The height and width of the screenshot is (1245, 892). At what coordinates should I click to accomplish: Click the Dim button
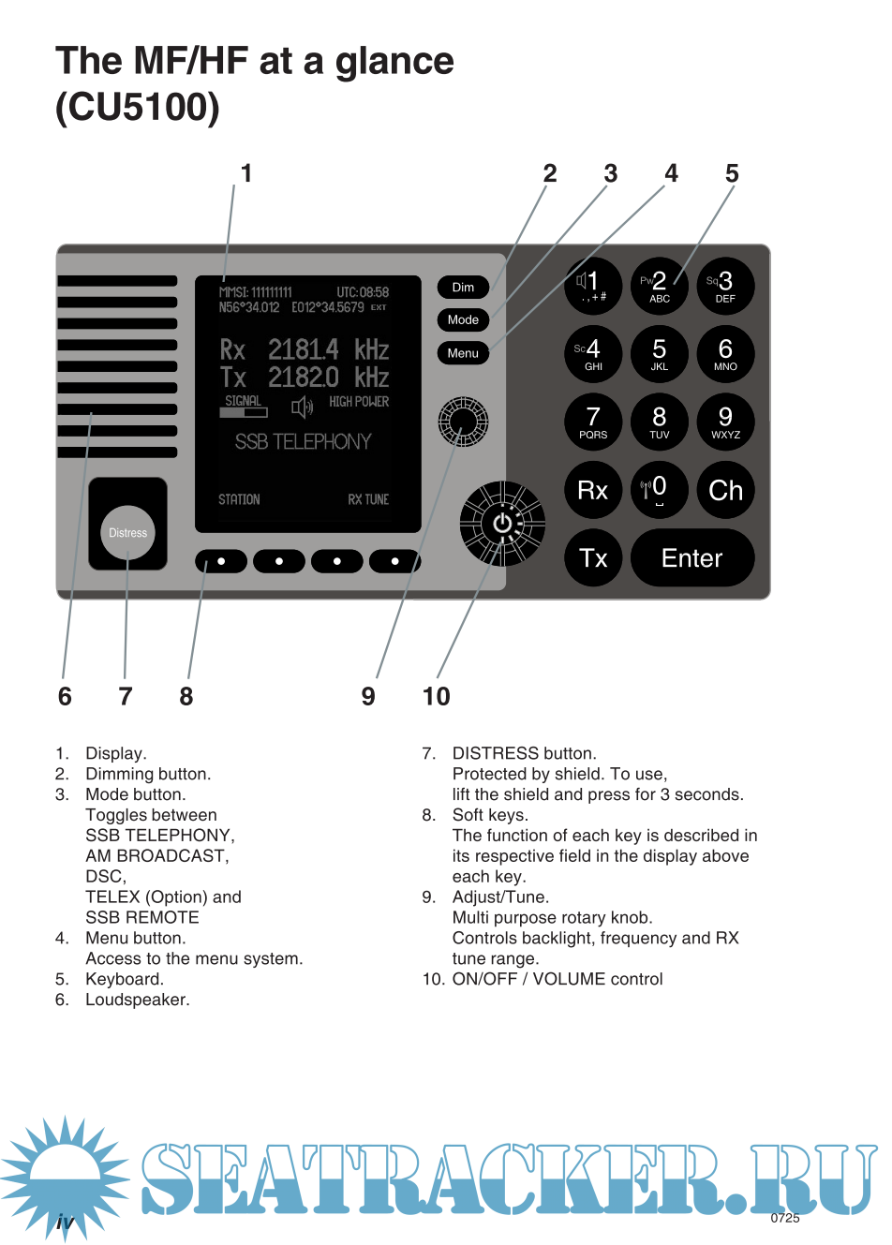(463, 288)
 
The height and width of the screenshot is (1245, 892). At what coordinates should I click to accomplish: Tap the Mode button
(463, 320)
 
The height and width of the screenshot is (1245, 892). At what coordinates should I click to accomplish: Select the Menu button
(463, 353)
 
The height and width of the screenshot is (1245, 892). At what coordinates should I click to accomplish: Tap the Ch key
(725, 490)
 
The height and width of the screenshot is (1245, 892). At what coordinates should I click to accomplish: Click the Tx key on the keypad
(593, 558)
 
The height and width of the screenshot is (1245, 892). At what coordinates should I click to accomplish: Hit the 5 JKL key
(660, 354)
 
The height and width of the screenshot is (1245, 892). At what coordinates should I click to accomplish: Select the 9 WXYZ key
(725, 422)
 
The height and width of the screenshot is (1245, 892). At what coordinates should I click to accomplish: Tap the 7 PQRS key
(593, 422)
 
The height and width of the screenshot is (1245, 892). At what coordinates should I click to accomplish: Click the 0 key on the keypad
(659, 490)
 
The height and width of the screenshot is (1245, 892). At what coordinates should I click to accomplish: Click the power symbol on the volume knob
(503, 524)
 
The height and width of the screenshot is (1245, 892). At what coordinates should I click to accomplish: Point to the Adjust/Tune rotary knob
(463, 421)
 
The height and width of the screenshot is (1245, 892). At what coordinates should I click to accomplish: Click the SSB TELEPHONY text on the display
(303, 441)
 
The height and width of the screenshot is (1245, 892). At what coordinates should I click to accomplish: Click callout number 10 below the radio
(437, 696)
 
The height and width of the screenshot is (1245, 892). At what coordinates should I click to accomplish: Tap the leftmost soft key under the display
(221, 561)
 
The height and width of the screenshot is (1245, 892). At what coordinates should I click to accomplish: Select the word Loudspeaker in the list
(137, 1000)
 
